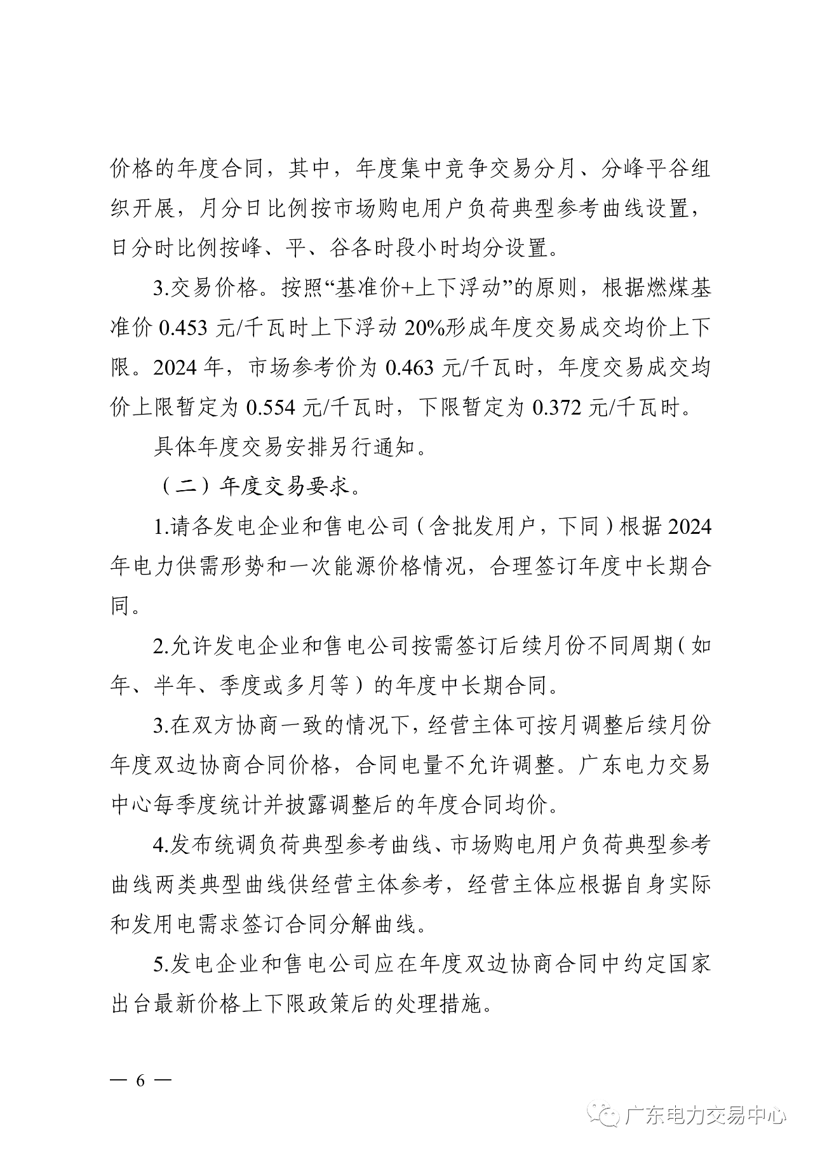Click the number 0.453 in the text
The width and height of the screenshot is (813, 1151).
[x=183, y=328]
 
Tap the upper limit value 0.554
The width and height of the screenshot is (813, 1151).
[x=271, y=408]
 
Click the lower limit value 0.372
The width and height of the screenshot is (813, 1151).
[x=557, y=408]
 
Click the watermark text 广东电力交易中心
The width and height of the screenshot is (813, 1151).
[x=705, y=1116]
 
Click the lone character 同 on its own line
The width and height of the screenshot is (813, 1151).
[x=121, y=606]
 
